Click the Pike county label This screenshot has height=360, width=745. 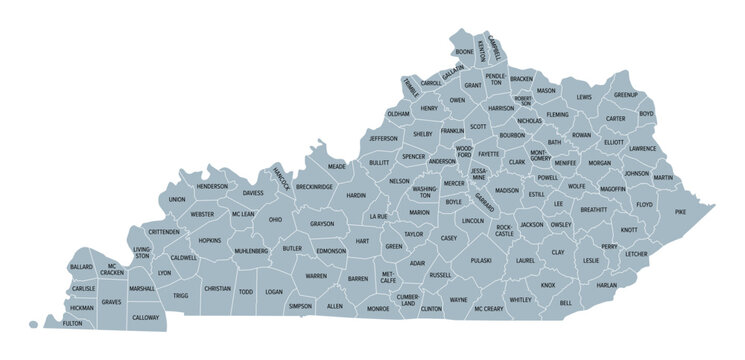(x=680, y=212)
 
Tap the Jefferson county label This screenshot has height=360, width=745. (x=383, y=138)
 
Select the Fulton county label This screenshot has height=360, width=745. (x=72, y=323)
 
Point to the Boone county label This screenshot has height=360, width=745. (x=464, y=51)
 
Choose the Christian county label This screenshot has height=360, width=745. (x=217, y=288)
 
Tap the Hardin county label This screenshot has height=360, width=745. (x=356, y=196)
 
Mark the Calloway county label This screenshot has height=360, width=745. (x=146, y=317)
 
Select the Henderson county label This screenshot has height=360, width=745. (x=212, y=186)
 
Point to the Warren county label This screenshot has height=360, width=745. (x=316, y=275)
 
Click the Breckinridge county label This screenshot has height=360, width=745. (x=313, y=186)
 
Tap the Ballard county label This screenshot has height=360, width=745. (x=82, y=267)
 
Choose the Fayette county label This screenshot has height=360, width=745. (x=488, y=155)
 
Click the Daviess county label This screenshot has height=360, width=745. (x=253, y=192)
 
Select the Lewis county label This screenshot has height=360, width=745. (x=584, y=97)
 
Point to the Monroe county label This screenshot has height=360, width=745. (x=378, y=309)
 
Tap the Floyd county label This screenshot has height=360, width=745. (x=643, y=204)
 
